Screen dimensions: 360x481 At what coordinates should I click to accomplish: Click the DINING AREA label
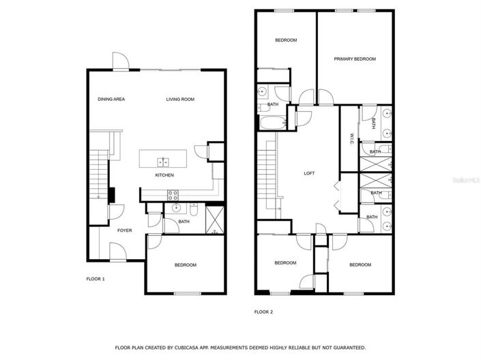click(x=111, y=100)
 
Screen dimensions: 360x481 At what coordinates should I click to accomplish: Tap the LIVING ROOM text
click(x=180, y=100)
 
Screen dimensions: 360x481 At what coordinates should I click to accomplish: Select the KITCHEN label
click(x=164, y=175)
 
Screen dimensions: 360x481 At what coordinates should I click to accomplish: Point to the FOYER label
click(x=125, y=230)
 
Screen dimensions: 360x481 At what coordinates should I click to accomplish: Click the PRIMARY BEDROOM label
click(x=355, y=59)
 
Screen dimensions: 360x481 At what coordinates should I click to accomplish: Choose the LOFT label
click(x=309, y=173)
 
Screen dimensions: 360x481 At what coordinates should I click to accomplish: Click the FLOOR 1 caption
click(x=95, y=279)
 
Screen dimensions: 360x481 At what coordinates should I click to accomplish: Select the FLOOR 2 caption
click(x=263, y=312)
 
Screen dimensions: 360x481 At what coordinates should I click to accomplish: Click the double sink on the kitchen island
click(x=164, y=162)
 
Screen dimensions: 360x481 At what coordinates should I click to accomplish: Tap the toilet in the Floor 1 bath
click(x=194, y=211)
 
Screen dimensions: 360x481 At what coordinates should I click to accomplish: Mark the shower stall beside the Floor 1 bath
click(x=215, y=219)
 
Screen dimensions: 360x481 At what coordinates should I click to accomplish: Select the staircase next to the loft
click(x=268, y=174)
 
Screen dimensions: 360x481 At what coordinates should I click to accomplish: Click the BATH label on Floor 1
click(x=184, y=222)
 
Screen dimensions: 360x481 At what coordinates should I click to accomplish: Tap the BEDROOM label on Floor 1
click(x=185, y=265)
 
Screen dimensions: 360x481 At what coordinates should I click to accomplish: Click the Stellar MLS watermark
click(x=471, y=181)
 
